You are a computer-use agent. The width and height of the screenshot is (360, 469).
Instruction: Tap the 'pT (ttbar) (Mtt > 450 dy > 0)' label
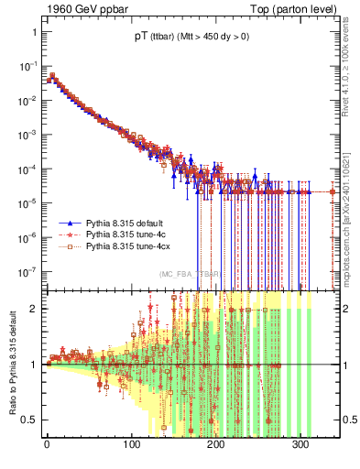point(180,38)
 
